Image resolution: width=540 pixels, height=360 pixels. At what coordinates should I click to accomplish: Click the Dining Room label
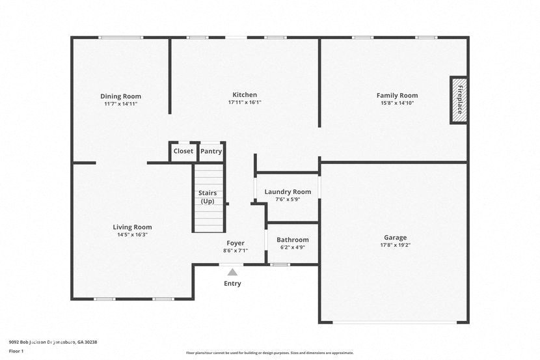[x=120, y=96]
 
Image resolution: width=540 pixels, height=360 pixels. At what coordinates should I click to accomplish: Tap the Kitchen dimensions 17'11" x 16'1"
[x=245, y=102]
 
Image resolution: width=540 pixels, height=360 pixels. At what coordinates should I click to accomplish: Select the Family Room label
[x=397, y=96]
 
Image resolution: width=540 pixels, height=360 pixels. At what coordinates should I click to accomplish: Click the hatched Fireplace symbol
[x=459, y=100]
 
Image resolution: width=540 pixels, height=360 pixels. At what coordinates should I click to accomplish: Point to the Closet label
[x=183, y=151]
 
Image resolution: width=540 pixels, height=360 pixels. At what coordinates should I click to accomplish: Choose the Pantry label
[x=211, y=151]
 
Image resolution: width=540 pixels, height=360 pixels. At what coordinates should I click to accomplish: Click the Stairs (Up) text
[x=208, y=197]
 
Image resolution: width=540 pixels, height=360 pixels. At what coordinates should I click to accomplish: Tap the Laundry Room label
[x=288, y=192]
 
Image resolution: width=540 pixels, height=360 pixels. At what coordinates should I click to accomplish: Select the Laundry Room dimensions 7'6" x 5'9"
[x=288, y=199]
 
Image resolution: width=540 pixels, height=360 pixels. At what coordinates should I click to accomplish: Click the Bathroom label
[x=292, y=240]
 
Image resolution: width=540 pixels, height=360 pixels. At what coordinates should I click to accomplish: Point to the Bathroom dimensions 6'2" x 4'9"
[x=292, y=247]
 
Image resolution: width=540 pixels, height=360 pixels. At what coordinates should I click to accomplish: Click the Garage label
[x=395, y=238]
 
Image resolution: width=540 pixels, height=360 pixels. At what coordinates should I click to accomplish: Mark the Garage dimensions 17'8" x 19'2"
[x=395, y=245]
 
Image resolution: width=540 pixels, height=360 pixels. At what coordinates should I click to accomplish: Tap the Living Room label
[x=132, y=227]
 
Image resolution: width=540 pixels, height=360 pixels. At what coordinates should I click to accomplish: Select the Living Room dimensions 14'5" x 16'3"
[x=132, y=235]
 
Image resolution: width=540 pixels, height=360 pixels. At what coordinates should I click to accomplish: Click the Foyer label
[x=235, y=243]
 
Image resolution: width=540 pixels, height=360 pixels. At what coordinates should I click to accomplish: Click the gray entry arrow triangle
[x=232, y=272]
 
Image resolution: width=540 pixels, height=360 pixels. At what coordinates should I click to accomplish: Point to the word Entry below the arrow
[x=232, y=283]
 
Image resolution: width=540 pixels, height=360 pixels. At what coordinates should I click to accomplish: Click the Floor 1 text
[x=16, y=350]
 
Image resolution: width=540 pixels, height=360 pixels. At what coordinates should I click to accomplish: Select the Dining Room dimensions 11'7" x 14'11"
[x=120, y=104]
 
